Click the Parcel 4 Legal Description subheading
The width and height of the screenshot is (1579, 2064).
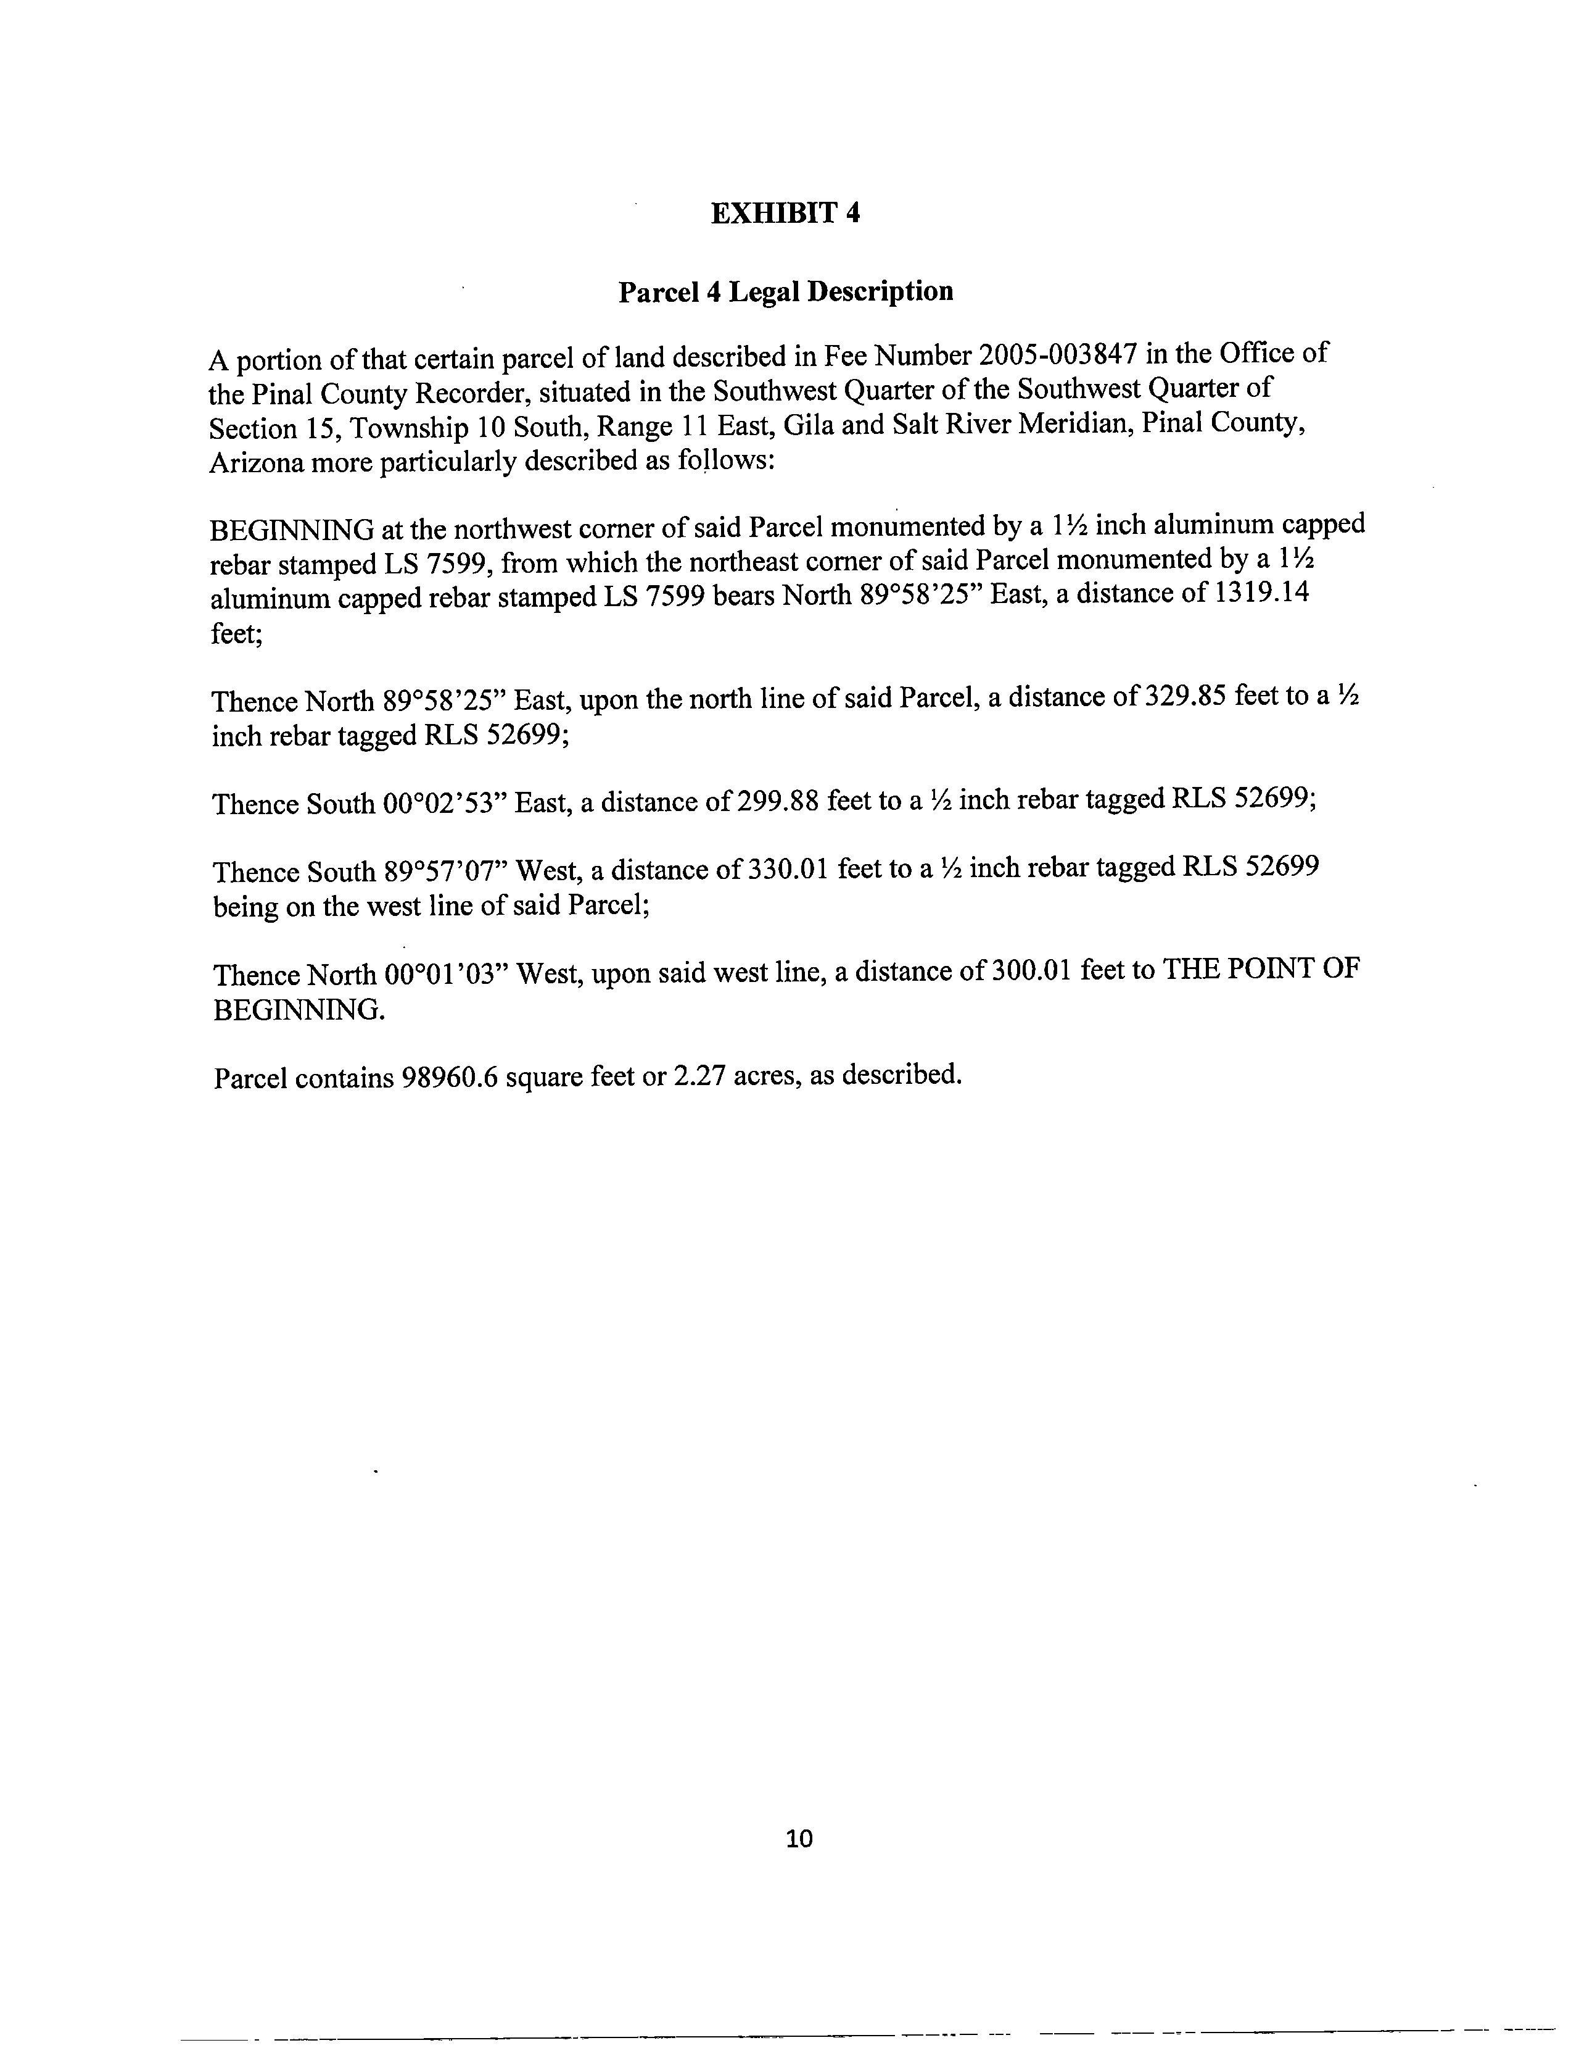pyautogui.click(x=786, y=293)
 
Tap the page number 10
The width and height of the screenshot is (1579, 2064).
pyautogui.click(x=799, y=1838)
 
